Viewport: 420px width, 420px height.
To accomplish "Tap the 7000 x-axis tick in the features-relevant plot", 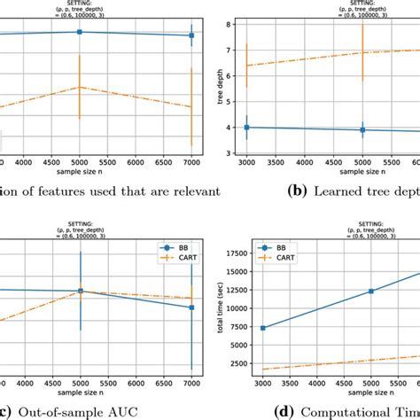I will click(191, 163).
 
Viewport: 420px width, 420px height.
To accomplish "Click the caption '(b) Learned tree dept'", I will click(355, 190).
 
